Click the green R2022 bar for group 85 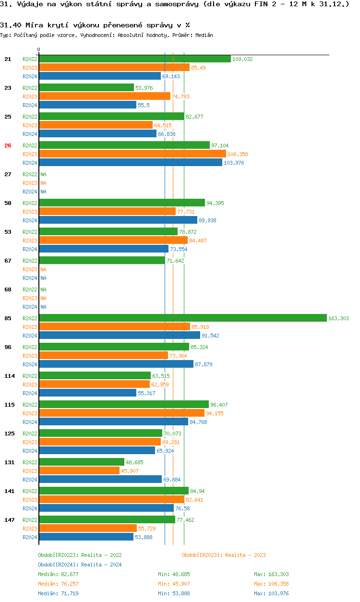(x=182, y=318)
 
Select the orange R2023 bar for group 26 (x=132, y=154)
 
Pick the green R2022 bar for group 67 (x=102, y=261)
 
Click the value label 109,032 (x=242, y=59)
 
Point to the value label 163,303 (x=338, y=318)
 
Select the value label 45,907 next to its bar (x=130, y=471)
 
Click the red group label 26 (x=8, y=145)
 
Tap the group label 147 (x=9, y=520)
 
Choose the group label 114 (x=9, y=376)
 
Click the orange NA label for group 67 (x=43, y=269)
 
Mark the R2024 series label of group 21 (x=30, y=76)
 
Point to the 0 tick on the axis (x=39, y=49)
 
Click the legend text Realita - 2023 (x=245, y=555)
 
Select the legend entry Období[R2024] (x=58, y=565)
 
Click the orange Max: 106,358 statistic (x=271, y=584)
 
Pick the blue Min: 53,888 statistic (x=175, y=593)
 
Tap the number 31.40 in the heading (x=10, y=24)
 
